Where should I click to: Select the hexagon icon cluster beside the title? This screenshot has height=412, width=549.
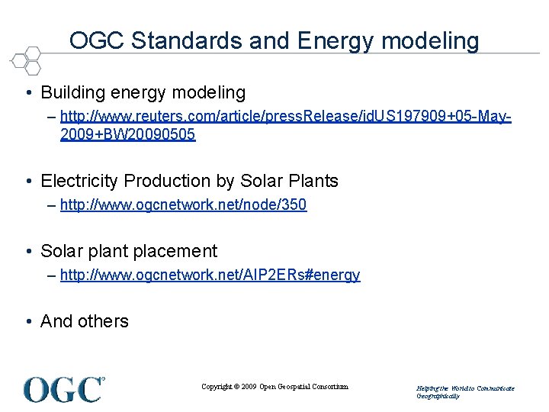click(x=26, y=60)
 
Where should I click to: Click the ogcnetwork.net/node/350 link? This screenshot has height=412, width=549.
click(x=183, y=204)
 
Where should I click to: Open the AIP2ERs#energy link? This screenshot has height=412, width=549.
click(x=210, y=275)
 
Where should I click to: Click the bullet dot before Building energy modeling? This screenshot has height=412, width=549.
click(x=27, y=94)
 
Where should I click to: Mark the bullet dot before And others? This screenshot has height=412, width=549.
click(x=27, y=322)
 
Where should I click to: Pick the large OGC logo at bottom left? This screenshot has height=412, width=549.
click(x=64, y=389)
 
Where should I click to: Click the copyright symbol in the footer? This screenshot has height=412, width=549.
click(x=236, y=387)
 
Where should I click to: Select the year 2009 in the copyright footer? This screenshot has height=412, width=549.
click(x=249, y=387)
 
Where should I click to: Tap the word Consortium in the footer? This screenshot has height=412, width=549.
click(x=329, y=387)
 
